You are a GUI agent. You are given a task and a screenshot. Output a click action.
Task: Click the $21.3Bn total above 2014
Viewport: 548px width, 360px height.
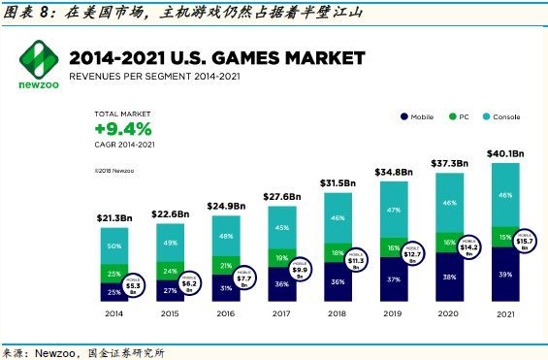click(x=114, y=219)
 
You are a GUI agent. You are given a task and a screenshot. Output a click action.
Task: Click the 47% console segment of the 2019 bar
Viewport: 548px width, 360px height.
click(x=393, y=210)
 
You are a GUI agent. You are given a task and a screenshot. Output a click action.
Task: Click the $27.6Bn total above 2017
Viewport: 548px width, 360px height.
click(x=280, y=196)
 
